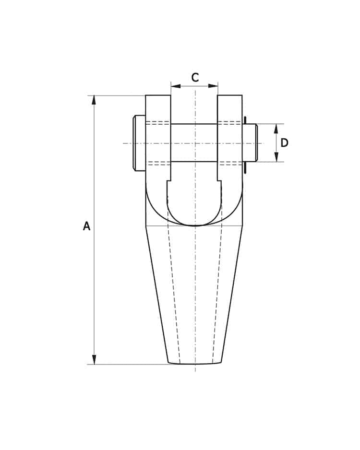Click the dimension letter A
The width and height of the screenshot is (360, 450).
pyautogui.click(x=86, y=226)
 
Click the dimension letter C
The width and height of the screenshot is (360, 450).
pyautogui.click(x=195, y=78)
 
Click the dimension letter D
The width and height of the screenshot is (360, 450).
pyautogui.click(x=284, y=142)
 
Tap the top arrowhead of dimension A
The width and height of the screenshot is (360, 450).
pyautogui.click(x=94, y=100)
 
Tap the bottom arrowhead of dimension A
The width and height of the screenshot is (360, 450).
pyautogui.click(x=94, y=359)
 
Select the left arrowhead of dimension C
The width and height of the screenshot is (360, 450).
pyautogui.click(x=176, y=86)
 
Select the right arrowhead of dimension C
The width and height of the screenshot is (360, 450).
pyautogui.click(x=213, y=86)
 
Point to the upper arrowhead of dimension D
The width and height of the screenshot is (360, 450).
pyautogui.click(x=276, y=129)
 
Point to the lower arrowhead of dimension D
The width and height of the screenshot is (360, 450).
pyautogui.click(x=276, y=157)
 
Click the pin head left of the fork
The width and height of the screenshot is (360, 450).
pyautogui.click(x=139, y=143)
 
